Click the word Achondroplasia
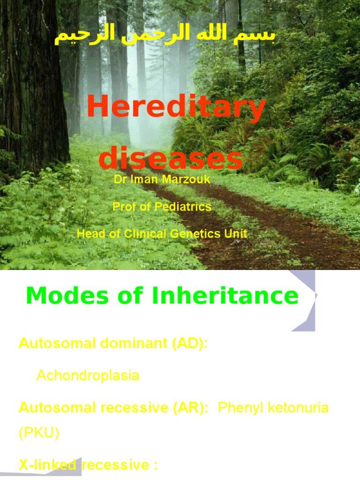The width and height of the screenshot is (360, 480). (88, 375)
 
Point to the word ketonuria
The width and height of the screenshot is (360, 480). (295, 407)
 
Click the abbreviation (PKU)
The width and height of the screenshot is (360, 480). (39, 434)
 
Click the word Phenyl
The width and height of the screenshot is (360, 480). (238, 407)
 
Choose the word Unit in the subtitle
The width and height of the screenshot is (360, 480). (235, 233)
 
